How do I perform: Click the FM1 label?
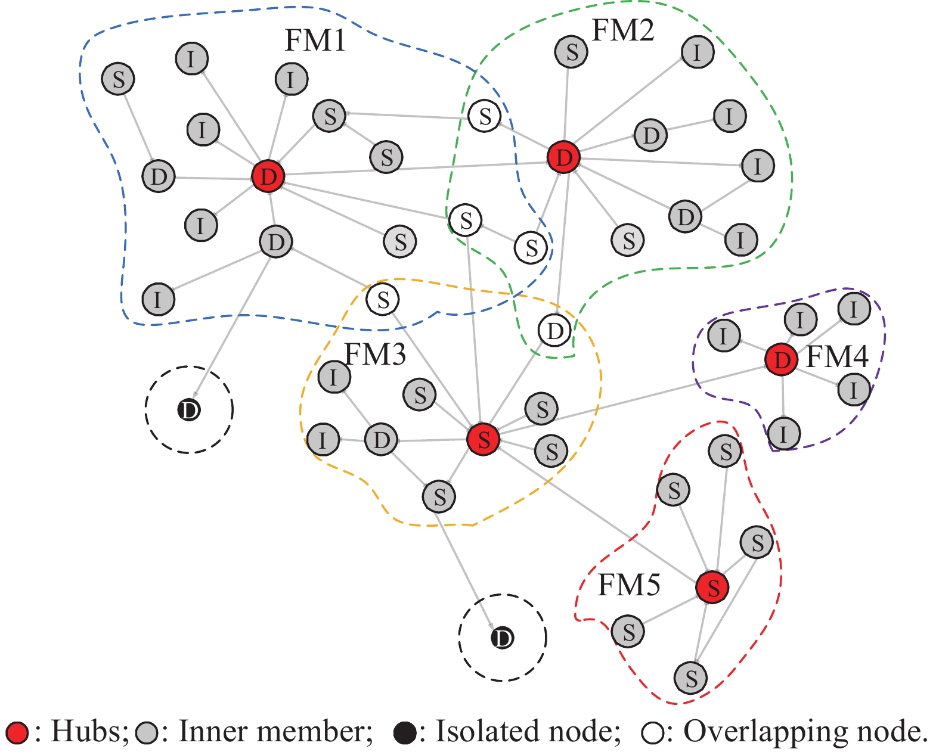coord(315,41)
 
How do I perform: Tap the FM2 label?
coord(622,30)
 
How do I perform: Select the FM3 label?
coord(376,355)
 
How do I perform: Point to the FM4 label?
coord(837,357)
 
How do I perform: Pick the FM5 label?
coord(629,585)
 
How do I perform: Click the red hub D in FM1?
coord(268,176)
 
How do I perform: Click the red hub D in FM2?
coord(563,157)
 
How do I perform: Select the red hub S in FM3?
coord(484,440)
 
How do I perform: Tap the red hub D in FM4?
coord(781,359)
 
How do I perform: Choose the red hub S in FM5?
coord(712,587)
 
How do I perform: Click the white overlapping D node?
coord(554,331)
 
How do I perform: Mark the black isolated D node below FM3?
coord(502,638)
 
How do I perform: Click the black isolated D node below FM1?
coord(189,409)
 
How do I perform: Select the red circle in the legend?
coord(17,732)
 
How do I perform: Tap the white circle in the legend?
coord(652,733)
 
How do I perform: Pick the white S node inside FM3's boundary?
coord(383,300)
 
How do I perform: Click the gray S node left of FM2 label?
coord(571,52)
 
